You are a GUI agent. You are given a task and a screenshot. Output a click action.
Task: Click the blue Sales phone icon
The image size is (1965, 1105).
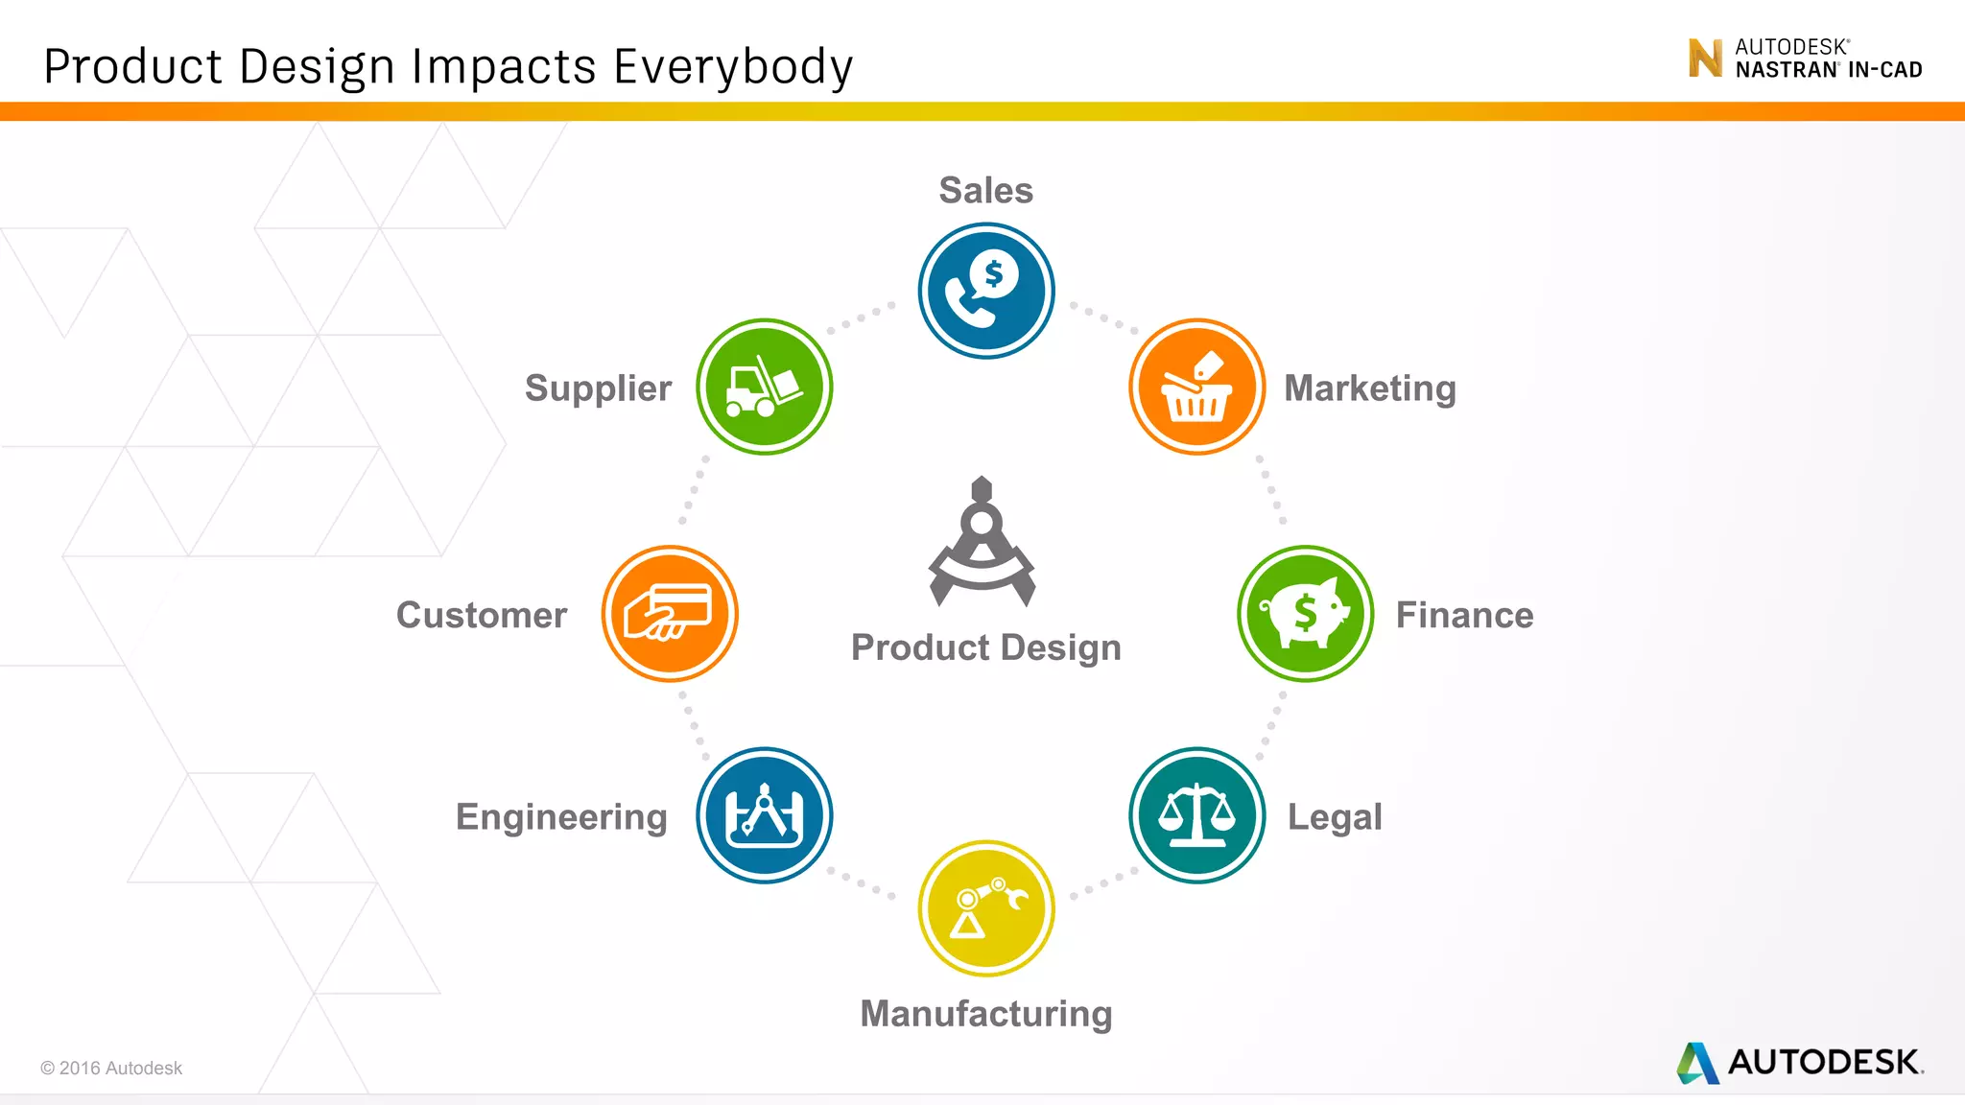(986, 291)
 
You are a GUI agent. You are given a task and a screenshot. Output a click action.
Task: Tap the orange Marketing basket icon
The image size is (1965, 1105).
(1196, 387)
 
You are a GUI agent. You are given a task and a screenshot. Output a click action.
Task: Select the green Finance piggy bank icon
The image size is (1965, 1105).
(1305, 614)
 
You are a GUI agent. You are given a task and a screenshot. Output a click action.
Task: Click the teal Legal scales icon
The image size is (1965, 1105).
(1196, 815)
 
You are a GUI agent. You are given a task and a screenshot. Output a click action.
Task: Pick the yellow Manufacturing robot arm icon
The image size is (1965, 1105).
(986, 908)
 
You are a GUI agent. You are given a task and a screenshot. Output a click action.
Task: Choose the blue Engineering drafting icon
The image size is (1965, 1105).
(765, 815)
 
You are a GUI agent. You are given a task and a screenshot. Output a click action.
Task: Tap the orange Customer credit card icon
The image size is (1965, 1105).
(670, 614)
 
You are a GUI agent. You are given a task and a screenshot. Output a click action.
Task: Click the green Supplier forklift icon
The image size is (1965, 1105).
(765, 387)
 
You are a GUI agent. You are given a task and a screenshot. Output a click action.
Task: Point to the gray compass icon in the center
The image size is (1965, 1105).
(982, 542)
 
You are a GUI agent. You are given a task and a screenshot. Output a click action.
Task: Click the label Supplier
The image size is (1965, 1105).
(598, 388)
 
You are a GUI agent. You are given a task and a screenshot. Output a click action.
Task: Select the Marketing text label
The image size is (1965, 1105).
(1370, 388)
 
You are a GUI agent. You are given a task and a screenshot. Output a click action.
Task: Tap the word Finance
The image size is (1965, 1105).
(1464, 615)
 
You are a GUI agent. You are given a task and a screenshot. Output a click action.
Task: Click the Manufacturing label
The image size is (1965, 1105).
(986, 1014)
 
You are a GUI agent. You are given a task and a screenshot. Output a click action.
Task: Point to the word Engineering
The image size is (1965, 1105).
(561, 817)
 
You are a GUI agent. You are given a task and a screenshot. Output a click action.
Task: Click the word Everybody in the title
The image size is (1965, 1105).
(733, 67)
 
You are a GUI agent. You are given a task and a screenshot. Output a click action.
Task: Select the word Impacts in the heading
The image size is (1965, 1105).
(505, 67)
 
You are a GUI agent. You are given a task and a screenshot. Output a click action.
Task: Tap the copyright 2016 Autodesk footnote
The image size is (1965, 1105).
(111, 1068)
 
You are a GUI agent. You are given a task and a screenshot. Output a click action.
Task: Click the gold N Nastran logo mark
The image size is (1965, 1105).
(1705, 58)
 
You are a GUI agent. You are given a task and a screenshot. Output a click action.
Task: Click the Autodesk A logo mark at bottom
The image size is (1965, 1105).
(1697, 1063)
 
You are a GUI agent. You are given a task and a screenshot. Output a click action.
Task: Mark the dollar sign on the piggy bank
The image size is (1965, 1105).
(1305, 611)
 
